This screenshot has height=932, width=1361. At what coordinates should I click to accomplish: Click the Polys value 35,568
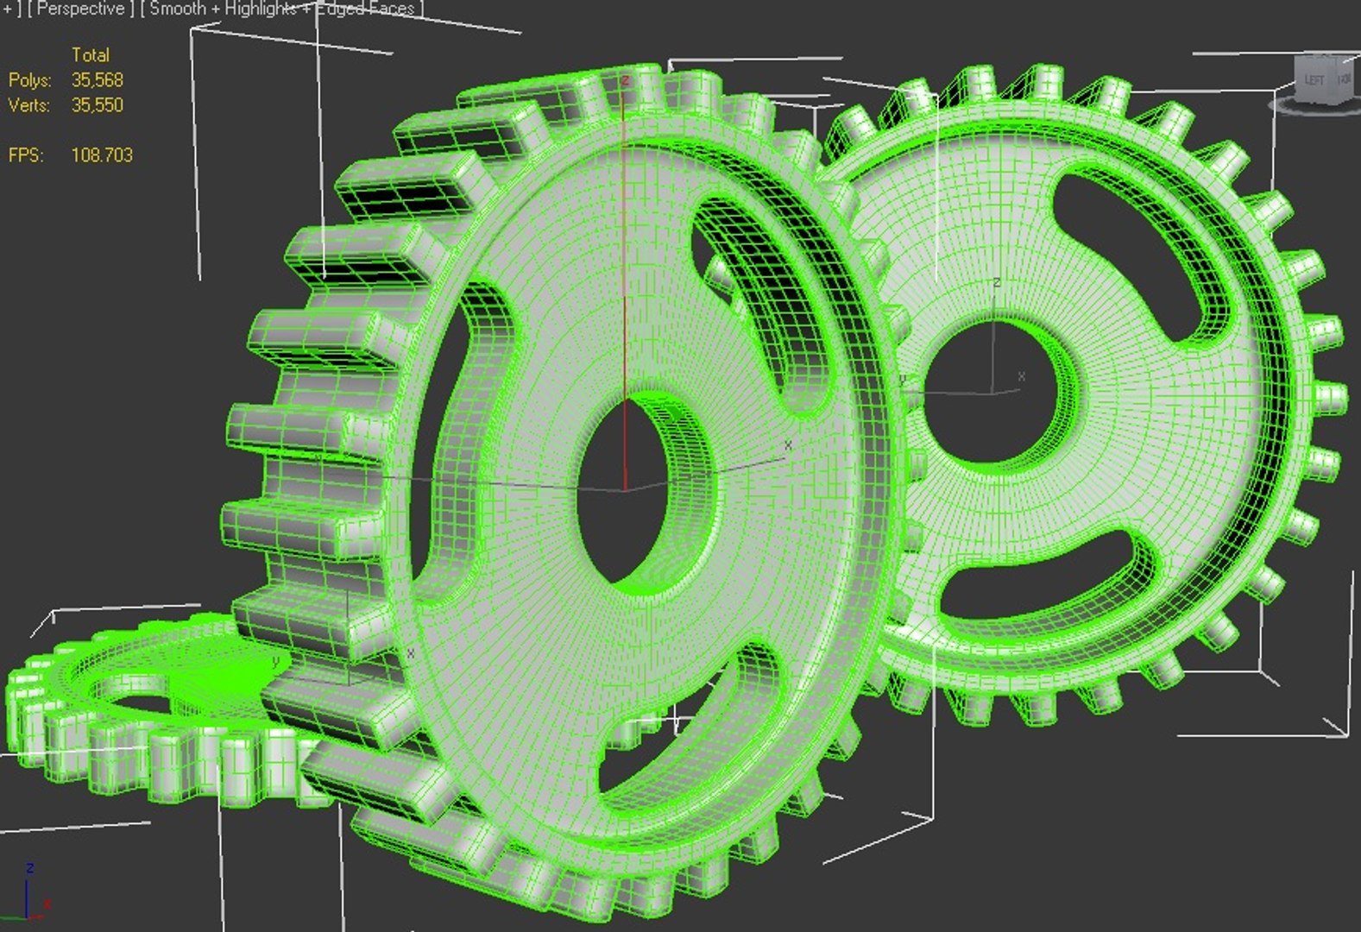coord(97,80)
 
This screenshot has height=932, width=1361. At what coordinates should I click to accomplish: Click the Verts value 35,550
coord(97,105)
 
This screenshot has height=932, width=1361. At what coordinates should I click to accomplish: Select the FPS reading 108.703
coord(101,155)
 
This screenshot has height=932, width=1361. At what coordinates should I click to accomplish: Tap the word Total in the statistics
coord(90,55)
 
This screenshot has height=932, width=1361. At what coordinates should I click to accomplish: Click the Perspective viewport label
coord(80,9)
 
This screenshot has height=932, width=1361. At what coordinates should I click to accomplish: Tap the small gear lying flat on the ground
coord(129,716)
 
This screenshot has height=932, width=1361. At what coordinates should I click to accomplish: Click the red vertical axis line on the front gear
coord(624,259)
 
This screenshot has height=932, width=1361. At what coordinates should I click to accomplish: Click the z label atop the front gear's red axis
coord(625,81)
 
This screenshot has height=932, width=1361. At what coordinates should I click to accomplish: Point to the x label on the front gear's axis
coord(787,445)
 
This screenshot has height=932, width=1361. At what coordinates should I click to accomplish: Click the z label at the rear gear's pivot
coord(997,282)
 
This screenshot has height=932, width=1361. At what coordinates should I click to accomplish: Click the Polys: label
coord(30,80)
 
